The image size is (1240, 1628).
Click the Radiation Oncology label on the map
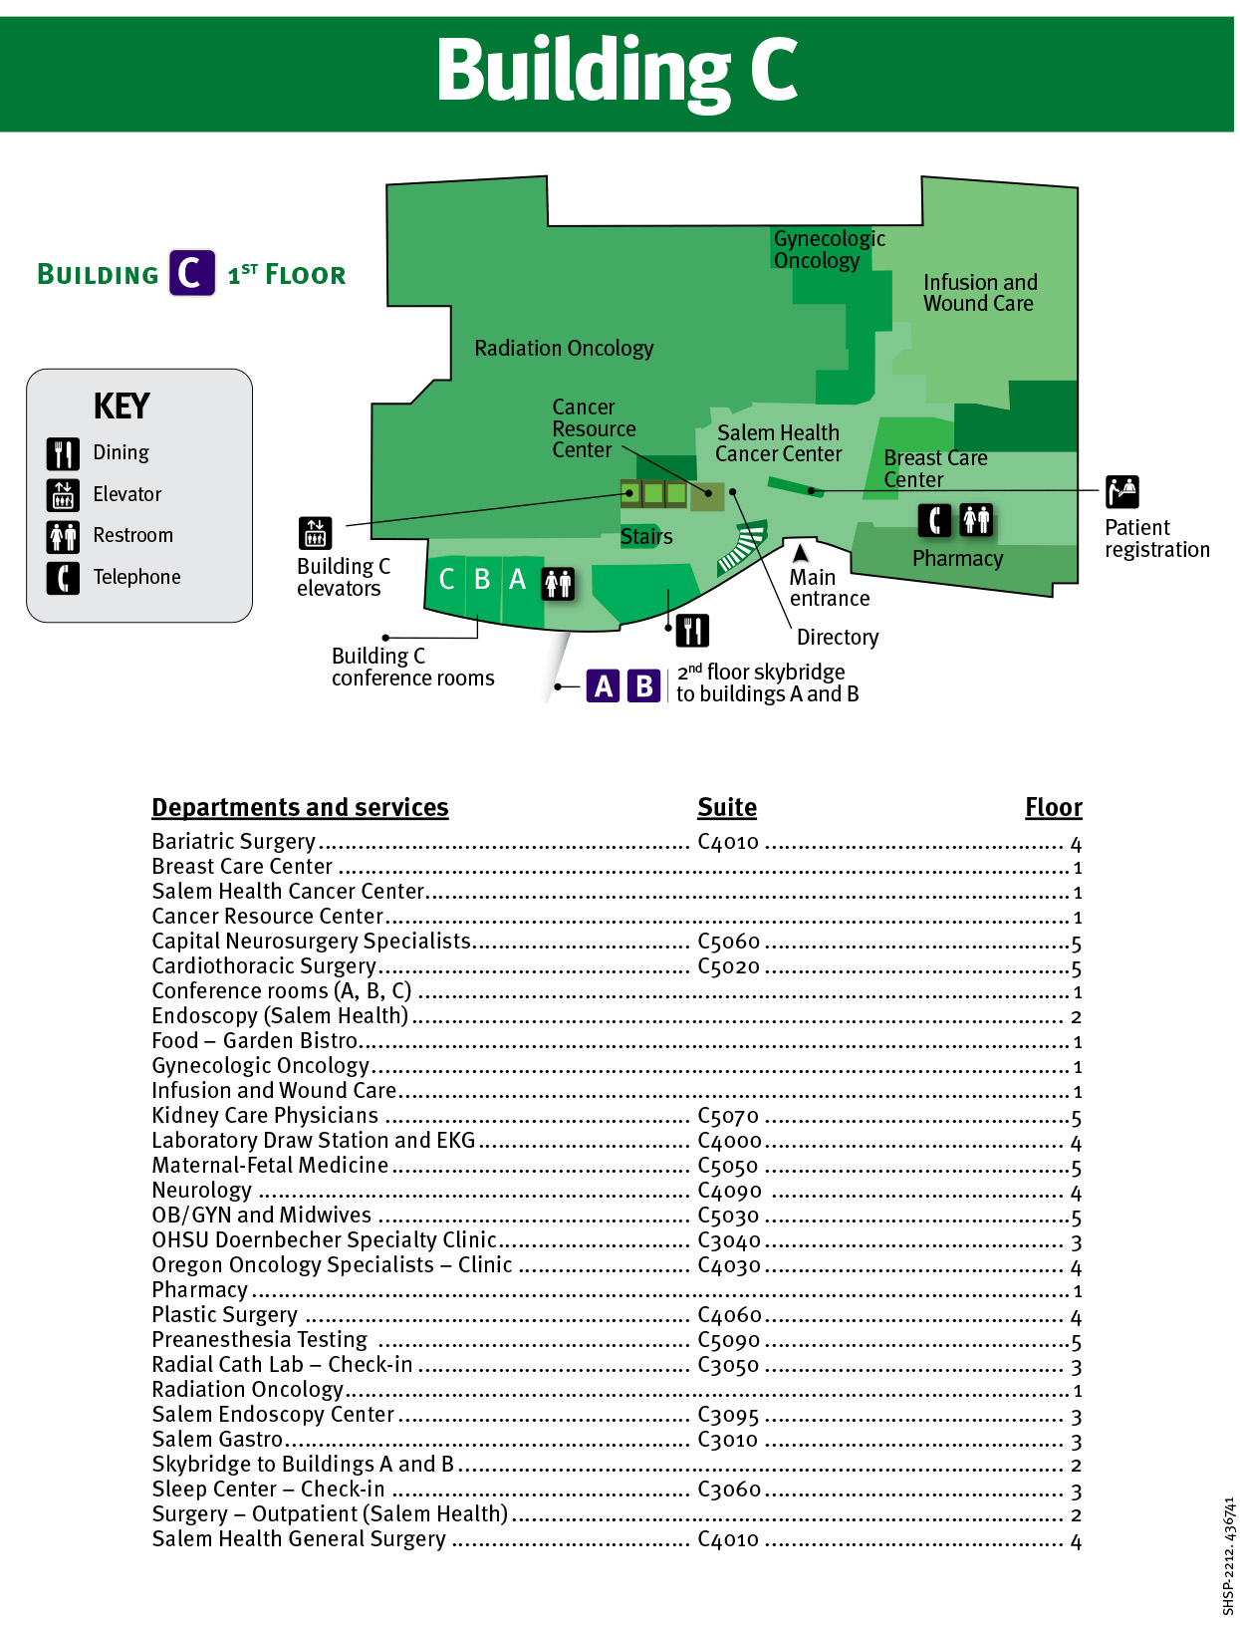(x=564, y=349)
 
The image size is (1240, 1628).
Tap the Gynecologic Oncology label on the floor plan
(x=829, y=250)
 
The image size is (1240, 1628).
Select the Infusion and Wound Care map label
(x=979, y=293)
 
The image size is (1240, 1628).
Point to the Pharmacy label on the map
(x=957, y=559)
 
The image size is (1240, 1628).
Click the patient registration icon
(x=1121, y=492)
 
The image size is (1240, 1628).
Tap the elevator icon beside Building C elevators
(x=316, y=534)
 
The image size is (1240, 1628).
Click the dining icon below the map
(x=692, y=631)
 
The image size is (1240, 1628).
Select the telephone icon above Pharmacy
(x=933, y=520)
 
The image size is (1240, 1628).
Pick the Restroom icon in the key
(x=63, y=536)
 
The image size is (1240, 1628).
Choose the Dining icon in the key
(x=63, y=453)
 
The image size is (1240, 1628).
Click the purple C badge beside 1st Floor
(x=191, y=273)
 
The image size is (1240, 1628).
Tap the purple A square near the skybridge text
(x=604, y=686)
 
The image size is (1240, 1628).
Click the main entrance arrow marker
(x=800, y=553)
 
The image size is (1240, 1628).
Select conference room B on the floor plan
(x=482, y=579)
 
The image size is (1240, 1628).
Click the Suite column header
(x=727, y=808)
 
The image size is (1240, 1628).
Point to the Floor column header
(x=1053, y=808)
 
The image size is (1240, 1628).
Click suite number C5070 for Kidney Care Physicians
(x=728, y=1116)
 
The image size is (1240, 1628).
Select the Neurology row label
(x=202, y=1191)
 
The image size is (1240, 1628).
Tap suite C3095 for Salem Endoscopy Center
(x=728, y=1415)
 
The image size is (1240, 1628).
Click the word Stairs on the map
(x=646, y=537)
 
